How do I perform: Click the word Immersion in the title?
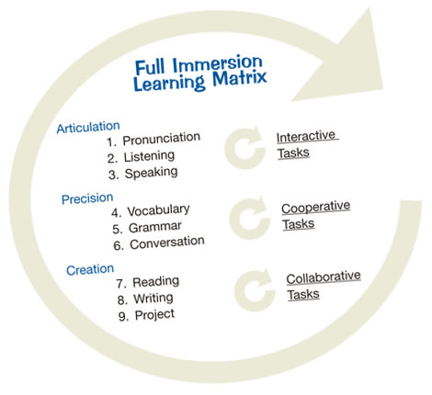click(x=217, y=64)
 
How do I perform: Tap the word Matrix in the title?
click(x=240, y=78)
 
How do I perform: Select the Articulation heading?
click(x=88, y=127)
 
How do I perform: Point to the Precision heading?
click(x=87, y=198)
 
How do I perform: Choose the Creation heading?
click(x=90, y=270)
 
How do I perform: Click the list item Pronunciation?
click(x=162, y=139)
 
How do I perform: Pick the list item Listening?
click(x=149, y=156)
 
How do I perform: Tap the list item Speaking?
click(x=151, y=173)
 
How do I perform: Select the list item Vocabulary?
click(x=158, y=210)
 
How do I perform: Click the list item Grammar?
click(x=155, y=227)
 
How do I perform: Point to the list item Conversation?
click(x=167, y=243)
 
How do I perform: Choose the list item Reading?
click(x=156, y=282)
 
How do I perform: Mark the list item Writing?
click(x=153, y=299)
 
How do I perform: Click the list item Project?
click(x=154, y=315)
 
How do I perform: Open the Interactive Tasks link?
click(x=307, y=144)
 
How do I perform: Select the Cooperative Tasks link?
click(x=315, y=215)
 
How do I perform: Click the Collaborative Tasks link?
click(x=324, y=286)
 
